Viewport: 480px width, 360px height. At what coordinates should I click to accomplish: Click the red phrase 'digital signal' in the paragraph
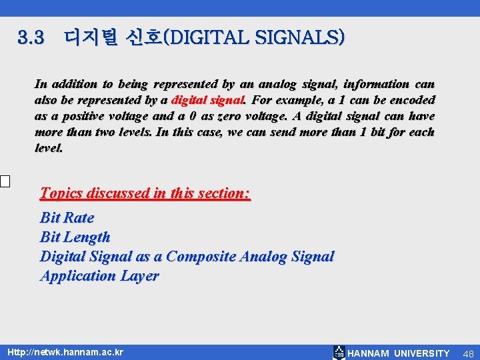click(209, 100)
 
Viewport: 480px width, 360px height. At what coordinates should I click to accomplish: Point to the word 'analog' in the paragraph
click(274, 84)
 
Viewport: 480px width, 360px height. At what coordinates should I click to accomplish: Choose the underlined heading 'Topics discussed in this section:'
click(145, 193)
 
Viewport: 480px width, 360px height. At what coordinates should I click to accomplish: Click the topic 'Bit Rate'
click(67, 217)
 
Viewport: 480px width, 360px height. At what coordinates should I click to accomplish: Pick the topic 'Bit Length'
click(75, 237)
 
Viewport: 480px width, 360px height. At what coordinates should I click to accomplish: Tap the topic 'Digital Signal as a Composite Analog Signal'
click(187, 256)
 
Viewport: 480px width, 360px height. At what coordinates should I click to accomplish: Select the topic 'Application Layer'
click(99, 275)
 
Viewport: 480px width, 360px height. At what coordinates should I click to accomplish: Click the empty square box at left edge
click(5, 181)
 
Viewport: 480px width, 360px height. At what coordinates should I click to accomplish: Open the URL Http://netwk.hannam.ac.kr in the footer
click(65, 352)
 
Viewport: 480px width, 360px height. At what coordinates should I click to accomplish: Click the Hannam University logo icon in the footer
click(339, 353)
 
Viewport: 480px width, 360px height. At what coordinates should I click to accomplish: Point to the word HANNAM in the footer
click(369, 353)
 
